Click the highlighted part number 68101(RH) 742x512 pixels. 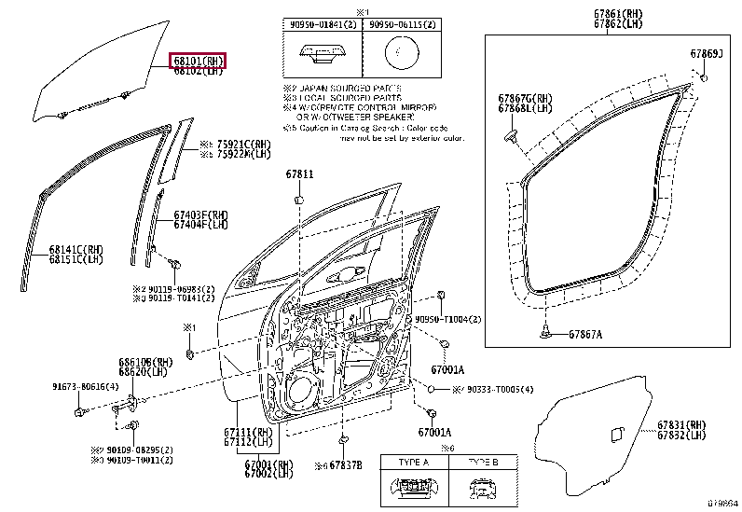coord(198,60)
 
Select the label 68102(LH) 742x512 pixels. coord(198,70)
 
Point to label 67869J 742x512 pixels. coord(706,54)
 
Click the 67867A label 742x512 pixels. coord(585,334)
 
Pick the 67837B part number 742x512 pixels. coord(344,464)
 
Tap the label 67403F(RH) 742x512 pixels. coord(200,215)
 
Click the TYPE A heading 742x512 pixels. coord(413,463)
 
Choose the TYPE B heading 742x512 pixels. coord(482,463)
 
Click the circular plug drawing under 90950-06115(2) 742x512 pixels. coord(403,53)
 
